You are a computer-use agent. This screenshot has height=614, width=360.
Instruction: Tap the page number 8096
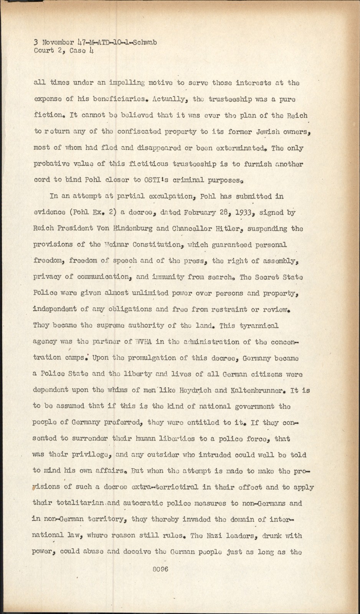point(160,569)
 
